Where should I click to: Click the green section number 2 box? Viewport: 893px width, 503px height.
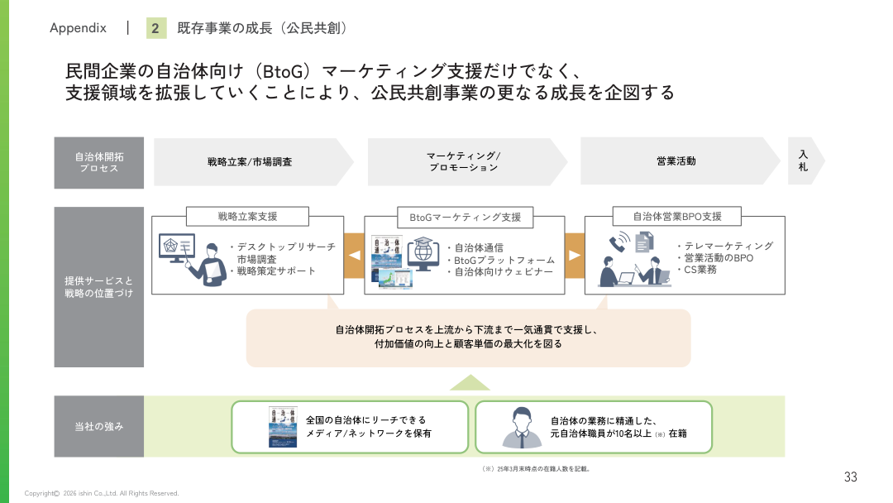(155, 28)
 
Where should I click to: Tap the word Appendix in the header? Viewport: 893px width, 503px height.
(78, 28)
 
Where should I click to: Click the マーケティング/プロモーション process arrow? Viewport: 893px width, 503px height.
(464, 161)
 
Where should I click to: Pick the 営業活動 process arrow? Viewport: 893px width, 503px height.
(676, 161)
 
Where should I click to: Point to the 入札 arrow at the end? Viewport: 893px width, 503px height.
(804, 161)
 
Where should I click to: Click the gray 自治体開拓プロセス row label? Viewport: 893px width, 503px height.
(99, 162)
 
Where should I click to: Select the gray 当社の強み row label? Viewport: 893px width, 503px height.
(99, 427)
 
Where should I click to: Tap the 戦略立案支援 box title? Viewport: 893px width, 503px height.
(248, 217)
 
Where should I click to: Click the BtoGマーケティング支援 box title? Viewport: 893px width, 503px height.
(466, 217)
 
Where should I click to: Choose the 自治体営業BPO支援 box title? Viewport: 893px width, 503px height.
(677, 217)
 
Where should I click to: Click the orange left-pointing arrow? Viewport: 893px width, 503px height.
(354, 255)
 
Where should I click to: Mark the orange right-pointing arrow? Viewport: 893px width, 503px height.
(575, 255)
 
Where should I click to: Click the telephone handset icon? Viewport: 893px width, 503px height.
(618, 242)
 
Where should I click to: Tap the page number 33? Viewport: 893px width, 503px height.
(850, 477)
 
